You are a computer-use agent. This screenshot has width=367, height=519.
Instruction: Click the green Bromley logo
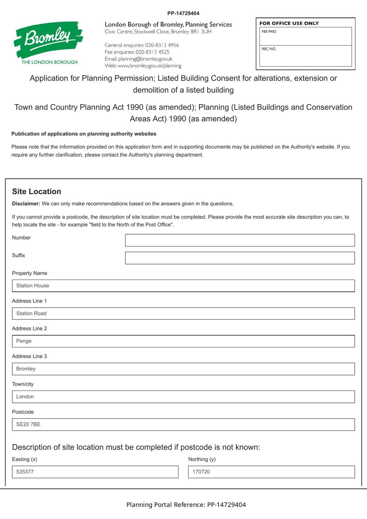coord(48,39)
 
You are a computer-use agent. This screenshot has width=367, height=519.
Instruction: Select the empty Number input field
coord(240,240)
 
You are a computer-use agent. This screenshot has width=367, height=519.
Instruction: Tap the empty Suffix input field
coord(240,258)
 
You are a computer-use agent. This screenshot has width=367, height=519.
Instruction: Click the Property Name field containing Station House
coord(183,286)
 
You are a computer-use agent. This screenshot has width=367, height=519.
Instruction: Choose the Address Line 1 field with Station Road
coord(183,313)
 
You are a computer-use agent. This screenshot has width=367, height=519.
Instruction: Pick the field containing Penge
coord(183,341)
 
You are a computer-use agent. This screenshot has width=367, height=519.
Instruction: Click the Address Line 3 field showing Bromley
coord(183,369)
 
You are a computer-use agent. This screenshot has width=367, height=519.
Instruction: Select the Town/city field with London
coord(183,397)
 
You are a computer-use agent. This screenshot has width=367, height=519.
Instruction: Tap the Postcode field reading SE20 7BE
coord(183,425)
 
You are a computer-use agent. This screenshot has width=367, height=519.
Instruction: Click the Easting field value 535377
coord(95,472)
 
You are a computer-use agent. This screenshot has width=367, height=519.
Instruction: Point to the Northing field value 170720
coord(271,472)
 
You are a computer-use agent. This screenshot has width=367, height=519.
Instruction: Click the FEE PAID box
coord(305,36)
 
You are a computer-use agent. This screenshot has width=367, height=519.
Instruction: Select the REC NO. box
coord(305,56)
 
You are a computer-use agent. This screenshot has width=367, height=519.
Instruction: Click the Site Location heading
coord(37,191)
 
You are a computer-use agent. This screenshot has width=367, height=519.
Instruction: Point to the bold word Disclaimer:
coord(26,204)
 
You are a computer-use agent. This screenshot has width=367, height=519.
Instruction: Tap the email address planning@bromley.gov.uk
coord(145,59)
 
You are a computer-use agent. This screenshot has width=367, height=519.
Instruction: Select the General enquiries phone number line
coord(142,45)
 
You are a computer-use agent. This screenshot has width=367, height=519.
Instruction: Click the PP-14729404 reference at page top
coord(183,13)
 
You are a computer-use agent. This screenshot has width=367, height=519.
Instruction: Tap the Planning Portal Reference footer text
coord(186,505)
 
